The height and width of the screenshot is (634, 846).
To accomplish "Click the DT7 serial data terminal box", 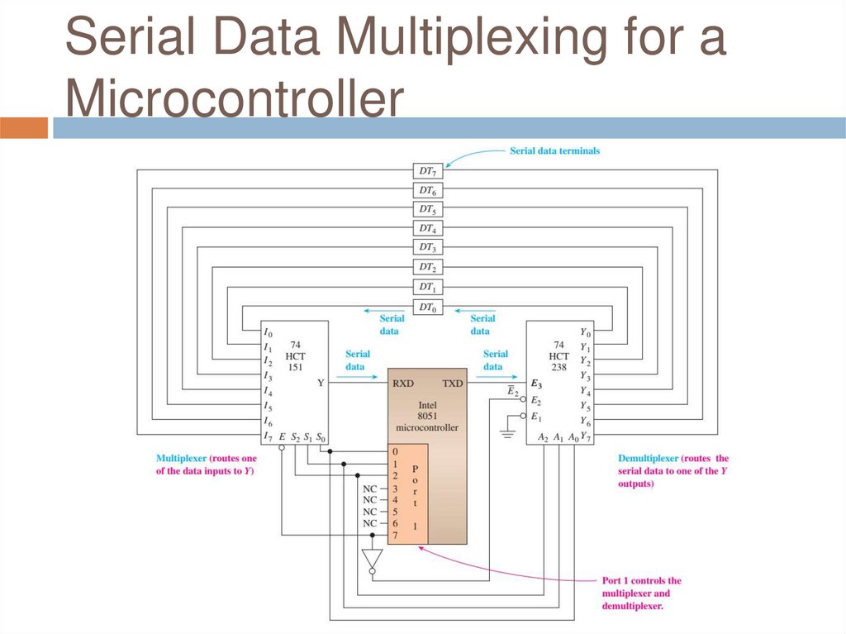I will [427, 170].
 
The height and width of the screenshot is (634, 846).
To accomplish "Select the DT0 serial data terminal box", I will [427, 307].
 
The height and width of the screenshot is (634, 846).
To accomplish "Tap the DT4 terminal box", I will [427, 228].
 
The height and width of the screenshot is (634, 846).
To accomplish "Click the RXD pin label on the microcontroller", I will [403, 384].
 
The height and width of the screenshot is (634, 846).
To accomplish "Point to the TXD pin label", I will [453, 384].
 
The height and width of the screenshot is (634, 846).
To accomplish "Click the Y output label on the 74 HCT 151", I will [321, 384].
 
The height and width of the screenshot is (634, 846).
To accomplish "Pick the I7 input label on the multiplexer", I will [269, 436].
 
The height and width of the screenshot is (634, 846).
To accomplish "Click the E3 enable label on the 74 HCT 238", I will [536, 384].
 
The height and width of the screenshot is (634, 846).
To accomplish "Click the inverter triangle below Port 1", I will [373, 560].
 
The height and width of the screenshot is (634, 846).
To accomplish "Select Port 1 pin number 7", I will [396, 536].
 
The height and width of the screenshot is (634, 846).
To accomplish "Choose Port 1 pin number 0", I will [396, 452].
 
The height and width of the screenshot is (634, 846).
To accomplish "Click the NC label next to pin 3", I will [370, 488].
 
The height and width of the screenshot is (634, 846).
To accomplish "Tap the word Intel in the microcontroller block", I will [426, 404].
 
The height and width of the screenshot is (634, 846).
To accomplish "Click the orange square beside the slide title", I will [24, 128].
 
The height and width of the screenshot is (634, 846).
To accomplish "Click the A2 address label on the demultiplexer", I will [543, 436].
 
